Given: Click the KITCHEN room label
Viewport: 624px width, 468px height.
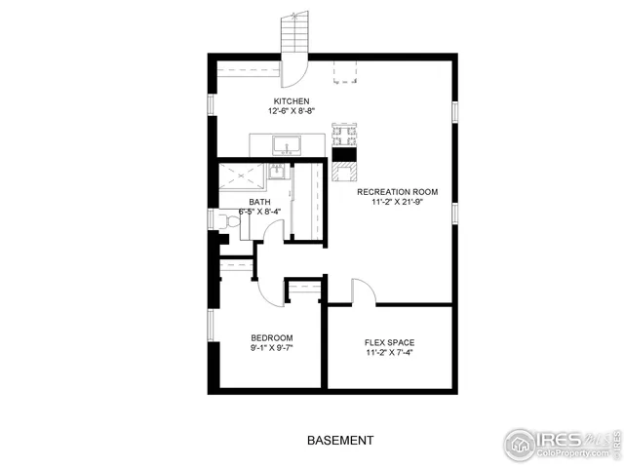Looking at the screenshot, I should [x=291, y=101].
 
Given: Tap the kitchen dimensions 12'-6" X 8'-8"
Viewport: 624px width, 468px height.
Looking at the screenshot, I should [x=291, y=111].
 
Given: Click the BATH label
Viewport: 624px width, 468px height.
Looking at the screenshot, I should [x=259, y=201].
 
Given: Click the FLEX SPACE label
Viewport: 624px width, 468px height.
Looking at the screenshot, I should [x=389, y=342].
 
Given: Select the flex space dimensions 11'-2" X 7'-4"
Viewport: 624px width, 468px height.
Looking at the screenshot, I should [x=389, y=353].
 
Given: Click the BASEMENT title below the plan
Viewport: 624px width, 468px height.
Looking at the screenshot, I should [x=339, y=441].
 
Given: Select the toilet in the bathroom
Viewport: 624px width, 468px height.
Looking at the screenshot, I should [x=227, y=223].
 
